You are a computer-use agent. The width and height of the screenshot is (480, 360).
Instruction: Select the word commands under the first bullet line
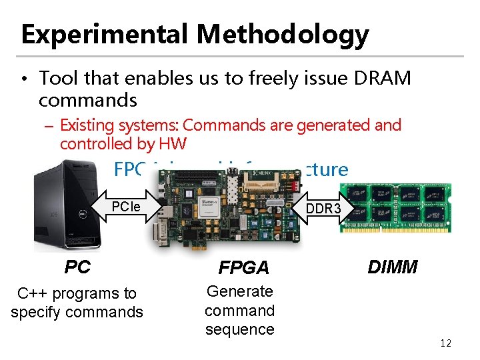pos(87,101)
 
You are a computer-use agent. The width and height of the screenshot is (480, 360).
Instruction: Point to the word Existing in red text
pos(85,125)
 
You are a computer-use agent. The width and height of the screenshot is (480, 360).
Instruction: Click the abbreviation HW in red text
pos(171,143)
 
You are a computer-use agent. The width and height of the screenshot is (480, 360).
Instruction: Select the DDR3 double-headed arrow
pos(323,208)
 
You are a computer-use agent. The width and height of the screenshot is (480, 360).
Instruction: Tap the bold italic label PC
pos(77,267)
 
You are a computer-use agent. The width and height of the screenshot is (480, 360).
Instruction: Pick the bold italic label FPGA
pos(244,268)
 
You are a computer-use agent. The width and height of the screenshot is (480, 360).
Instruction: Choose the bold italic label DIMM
pos(393,267)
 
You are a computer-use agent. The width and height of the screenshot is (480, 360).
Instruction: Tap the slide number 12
pos(445,343)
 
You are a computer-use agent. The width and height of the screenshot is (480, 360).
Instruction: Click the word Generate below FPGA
pos(240,291)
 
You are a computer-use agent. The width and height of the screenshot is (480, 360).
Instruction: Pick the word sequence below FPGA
pos(240,329)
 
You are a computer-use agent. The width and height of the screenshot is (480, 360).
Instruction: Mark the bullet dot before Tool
pos(23,80)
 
